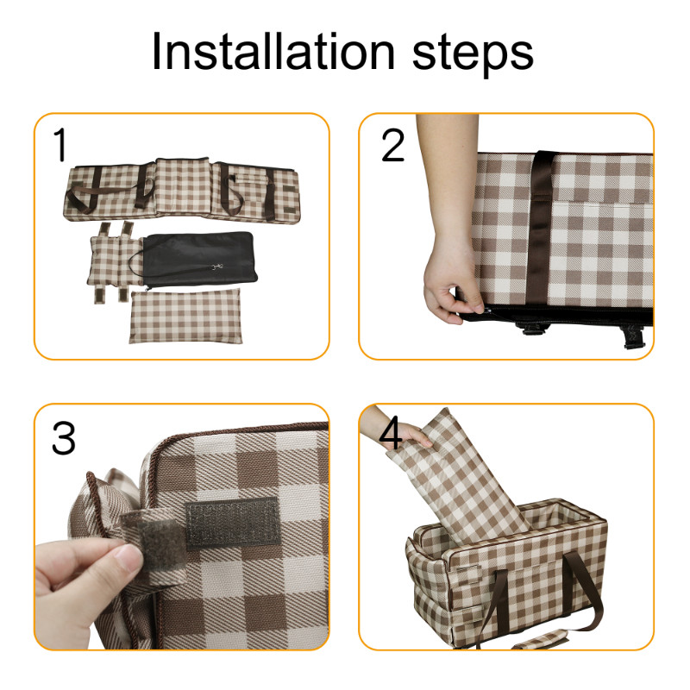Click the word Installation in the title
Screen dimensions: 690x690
click(273, 51)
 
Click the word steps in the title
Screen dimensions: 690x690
click(473, 55)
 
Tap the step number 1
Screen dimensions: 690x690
click(60, 144)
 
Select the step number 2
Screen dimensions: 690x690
click(392, 145)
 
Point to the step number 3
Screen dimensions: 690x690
click(63, 438)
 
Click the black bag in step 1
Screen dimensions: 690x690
click(199, 260)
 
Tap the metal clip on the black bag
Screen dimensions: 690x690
click(216, 267)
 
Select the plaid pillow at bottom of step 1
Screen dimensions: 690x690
click(185, 316)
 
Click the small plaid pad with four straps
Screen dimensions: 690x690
click(115, 261)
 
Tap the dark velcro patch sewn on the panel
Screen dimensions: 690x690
click(232, 524)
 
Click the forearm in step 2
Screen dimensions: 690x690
click(445, 176)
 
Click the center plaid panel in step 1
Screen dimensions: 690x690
click(183, 186)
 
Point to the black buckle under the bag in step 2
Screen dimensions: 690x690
click(532, 328)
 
